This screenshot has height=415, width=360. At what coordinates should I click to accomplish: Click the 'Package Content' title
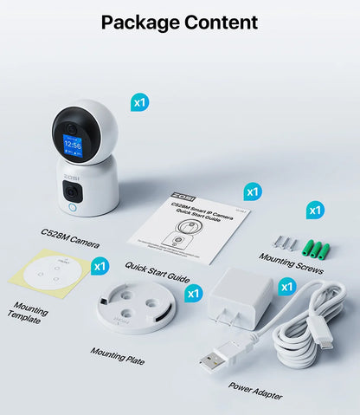179,22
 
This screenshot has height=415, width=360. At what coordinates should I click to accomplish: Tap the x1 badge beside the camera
139,102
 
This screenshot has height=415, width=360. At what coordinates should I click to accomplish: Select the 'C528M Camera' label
69,237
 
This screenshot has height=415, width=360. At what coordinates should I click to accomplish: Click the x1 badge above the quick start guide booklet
252,191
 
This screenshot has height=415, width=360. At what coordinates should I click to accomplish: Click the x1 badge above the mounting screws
315,210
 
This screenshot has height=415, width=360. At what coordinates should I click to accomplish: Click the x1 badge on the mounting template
100,266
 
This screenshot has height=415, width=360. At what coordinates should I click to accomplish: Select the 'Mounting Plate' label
118,356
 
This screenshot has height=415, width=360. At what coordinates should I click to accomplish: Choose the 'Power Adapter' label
256,390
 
